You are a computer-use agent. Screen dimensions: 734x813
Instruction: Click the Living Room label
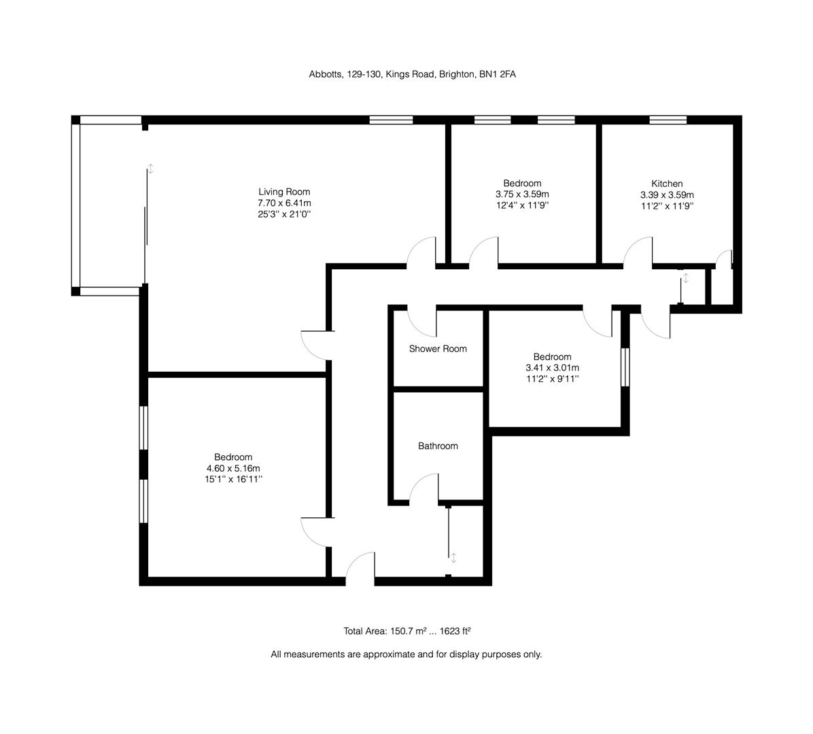[284, 192]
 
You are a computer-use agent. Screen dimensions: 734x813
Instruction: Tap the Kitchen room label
[667, 183]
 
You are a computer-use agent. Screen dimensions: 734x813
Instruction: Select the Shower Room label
[438, 349]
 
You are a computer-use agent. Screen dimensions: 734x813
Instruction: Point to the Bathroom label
[438, 446]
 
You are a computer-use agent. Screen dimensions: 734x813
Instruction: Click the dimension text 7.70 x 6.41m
[284, 203]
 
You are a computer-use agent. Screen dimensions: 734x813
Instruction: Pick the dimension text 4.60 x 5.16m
[233, 468]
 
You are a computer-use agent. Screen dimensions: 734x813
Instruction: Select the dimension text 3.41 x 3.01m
[552, 368]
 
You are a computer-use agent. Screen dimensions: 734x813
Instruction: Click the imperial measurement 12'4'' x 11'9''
[522, 205]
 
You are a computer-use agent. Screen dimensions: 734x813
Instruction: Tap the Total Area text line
[407, 631]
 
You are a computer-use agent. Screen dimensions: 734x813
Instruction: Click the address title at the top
[412, 75]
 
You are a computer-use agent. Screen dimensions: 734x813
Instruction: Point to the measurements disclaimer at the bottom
[406, 654]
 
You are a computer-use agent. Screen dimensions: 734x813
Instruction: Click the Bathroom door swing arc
[424, 488]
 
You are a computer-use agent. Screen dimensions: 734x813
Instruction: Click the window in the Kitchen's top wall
[668, 120]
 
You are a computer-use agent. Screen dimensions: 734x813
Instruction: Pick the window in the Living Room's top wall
[391, 120]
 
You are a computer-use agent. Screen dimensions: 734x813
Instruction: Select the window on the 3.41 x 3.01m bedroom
[625, 367]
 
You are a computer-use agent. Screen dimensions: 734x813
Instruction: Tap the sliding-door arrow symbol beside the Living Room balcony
[150, 169]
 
